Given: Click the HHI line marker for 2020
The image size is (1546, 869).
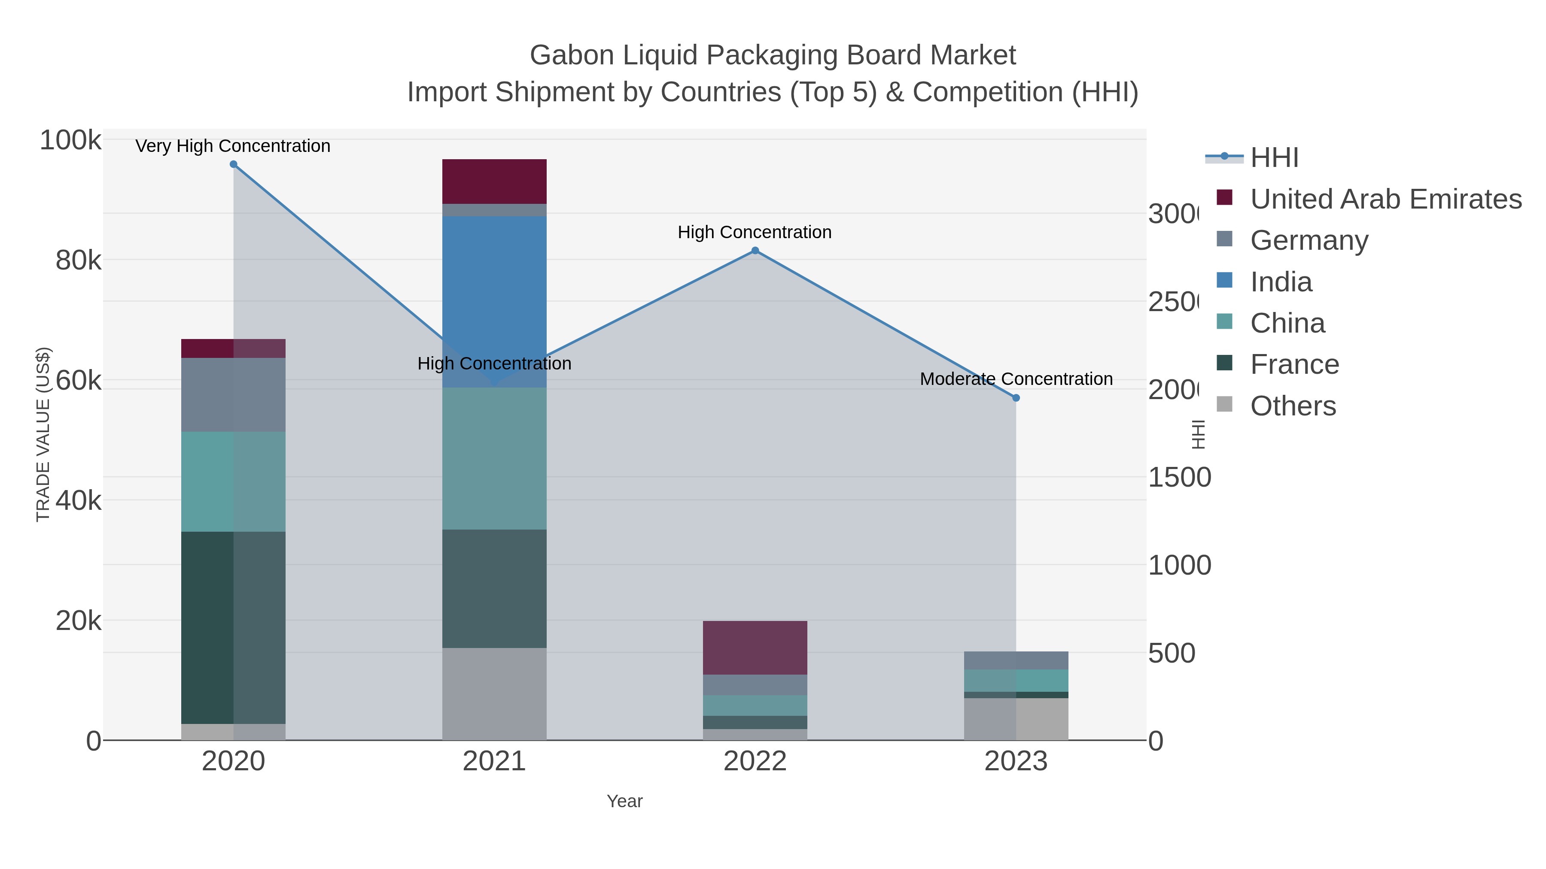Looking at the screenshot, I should point(234,164).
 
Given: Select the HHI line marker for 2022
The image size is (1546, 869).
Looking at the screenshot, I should point(755,251).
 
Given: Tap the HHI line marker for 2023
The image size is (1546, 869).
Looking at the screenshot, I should point(1016,398).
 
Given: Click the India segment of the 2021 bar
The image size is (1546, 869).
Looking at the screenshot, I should point(494,302).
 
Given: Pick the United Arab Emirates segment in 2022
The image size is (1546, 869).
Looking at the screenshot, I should point(755,648).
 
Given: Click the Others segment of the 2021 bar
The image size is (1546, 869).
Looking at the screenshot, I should point(494,693).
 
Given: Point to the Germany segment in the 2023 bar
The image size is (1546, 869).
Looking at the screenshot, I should point(1016,660).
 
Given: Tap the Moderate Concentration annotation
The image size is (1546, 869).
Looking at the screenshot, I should point(1016,379).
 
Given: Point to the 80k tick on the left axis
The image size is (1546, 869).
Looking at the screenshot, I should point(78,260).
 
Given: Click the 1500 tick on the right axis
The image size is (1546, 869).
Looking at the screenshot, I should point(1179,477).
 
